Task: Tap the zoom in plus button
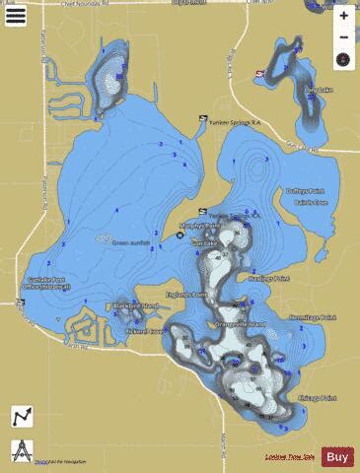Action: [343, 16]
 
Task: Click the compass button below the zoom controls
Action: [343, 59]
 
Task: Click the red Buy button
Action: [337, 456]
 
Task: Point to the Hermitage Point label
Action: [315, 317]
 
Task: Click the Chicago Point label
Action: [316, 397]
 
